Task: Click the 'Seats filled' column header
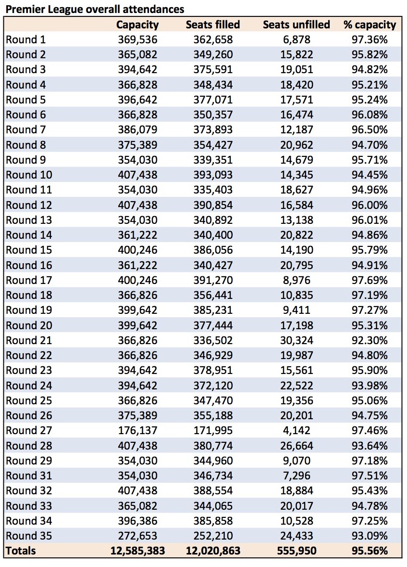213,25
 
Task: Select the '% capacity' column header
370,25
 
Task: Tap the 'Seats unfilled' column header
296,25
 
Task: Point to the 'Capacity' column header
137,25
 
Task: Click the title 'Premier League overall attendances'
95,9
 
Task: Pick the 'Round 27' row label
29,430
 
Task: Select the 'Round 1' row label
26,39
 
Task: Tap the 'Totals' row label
21,551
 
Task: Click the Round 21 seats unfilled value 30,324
296,340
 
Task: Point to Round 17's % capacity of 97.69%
370,280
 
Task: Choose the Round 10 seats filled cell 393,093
213,175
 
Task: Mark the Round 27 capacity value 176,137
137,430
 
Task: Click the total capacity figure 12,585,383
137,551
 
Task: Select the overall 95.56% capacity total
370,551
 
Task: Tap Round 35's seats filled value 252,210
213,536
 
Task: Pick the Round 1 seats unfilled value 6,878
296,39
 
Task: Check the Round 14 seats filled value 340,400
213,235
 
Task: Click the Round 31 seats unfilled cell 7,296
296,476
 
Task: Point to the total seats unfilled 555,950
296,551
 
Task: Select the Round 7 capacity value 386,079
137,129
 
